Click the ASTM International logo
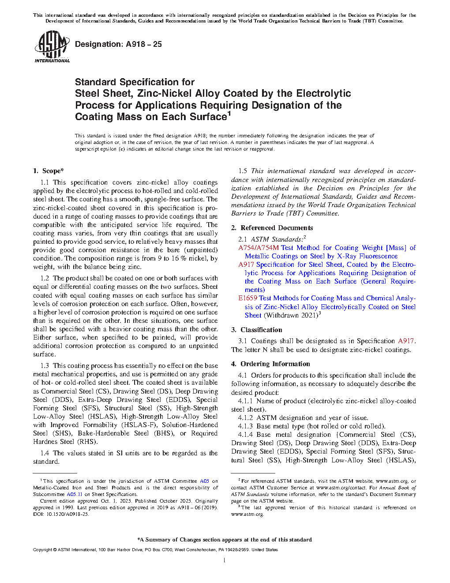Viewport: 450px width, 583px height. coord(52,46)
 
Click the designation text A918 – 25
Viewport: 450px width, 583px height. coord(118,44)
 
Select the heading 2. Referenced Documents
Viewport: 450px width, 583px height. coord(272,228)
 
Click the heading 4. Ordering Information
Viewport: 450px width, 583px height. coord(270,364)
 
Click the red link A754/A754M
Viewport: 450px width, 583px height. coord(259,248)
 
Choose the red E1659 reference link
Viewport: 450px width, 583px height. coord(248,298)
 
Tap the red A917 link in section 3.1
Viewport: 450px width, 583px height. coord(406,341)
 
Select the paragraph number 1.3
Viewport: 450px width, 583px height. coord(45,366)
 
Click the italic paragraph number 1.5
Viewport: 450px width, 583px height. coord(243,171)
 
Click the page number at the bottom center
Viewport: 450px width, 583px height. coord(225,560)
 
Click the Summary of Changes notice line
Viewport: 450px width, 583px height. coord(225,540)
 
